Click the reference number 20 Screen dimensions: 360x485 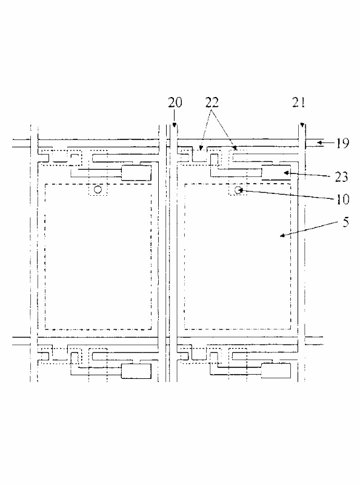[175, 102]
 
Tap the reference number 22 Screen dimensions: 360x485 [212, 102]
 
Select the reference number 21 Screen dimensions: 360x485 [298, 102]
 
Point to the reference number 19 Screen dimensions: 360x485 [342, 143]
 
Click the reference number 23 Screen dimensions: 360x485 [341, 176]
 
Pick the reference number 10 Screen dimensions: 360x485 [342, 199]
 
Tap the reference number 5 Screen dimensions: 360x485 [346, 222]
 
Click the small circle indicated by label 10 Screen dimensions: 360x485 [238, 190]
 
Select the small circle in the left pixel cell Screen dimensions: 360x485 [98, 189]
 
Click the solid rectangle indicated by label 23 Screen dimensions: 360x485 [276, 173]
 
